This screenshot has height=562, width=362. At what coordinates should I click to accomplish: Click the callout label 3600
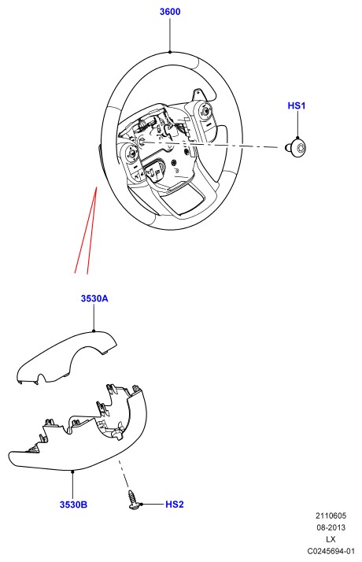coord(170,12)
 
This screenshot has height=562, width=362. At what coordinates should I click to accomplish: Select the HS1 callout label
coord(297,105)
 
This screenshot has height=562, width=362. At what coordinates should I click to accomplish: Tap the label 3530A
coord(94,298)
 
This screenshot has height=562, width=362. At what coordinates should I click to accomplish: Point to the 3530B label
coord(73,505)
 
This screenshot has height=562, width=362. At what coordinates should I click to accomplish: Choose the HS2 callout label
coord(175,505)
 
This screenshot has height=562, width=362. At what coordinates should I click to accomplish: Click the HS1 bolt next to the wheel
coord(296,148)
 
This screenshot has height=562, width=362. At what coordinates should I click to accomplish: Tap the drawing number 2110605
coord(331,516)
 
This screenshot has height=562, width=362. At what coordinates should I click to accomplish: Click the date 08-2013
coord(331,527)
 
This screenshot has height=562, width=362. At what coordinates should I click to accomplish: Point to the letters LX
coord(331,539)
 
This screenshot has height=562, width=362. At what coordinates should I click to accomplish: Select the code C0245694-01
coord(331,551)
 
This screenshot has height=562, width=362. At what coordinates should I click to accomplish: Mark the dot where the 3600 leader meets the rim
coord(170,52)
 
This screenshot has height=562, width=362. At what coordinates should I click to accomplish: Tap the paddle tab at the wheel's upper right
coord(197,94)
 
